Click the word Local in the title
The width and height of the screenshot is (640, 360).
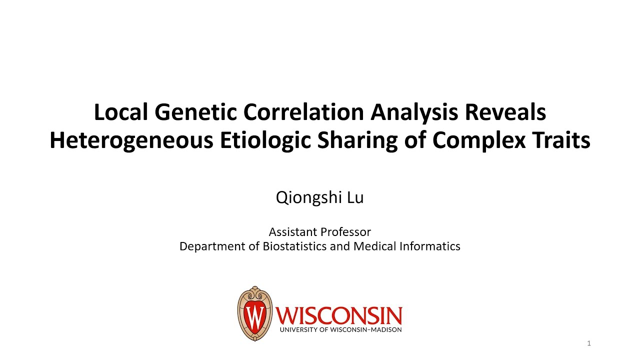tap(120, 113)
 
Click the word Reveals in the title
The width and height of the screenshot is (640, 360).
tap(505, 113)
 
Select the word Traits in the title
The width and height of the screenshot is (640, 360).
tap(560, 141)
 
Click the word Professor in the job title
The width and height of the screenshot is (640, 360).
tap(345, 232)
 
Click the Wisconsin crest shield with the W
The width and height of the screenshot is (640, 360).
tap(255, 313)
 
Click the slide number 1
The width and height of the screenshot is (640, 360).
tap(589, 343)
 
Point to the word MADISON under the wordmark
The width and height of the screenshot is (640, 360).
tap(385, 329)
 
